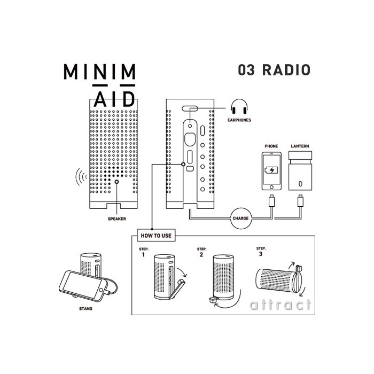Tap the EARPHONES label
point(239,120)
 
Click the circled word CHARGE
point(240,218)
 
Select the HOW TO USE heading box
point(156,236)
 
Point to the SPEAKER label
point(117,219)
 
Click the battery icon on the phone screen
point(271,170)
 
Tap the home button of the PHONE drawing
point(271,187)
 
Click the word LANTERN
point(300,146)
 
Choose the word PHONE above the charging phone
point(271,146)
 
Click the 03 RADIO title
point(274,70)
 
